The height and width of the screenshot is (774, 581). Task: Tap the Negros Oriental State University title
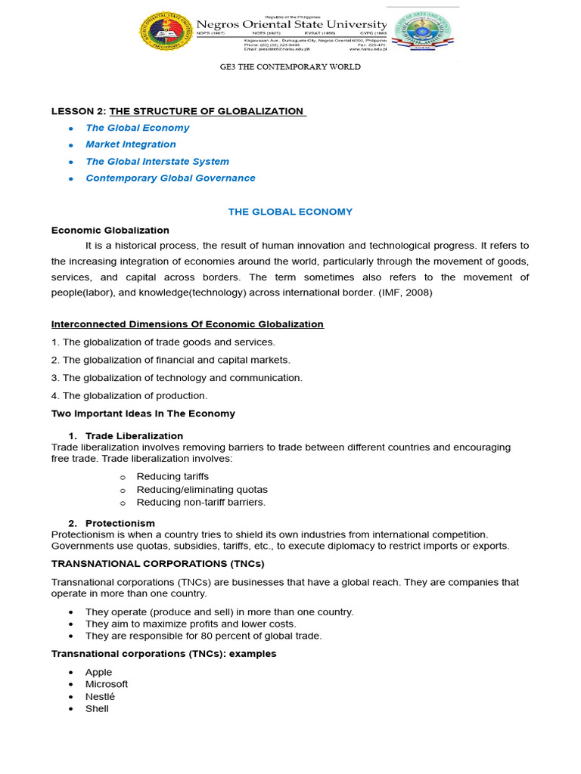click(x=291, y=25)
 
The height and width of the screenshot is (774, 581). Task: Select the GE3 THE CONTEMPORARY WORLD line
click(x=290, y=67)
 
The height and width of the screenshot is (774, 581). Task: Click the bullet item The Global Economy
click(x=137, y=128)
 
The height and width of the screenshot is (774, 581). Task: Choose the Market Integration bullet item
click(x=130, y=144)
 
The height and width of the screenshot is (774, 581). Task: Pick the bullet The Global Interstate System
click(x=157, y=161)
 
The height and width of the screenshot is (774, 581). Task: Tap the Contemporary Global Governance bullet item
click(x=170, y=178)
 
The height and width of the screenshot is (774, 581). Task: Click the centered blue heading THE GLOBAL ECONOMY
click(x=290, y=212)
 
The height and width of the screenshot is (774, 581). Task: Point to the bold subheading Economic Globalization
click(x=110, y=230)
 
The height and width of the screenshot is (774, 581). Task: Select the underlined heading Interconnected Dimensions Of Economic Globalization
click(x=187, y=324)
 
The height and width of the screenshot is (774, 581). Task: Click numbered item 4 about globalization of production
click(x=129, y=395)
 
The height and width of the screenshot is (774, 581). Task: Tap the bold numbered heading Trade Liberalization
click(x=134, y=436)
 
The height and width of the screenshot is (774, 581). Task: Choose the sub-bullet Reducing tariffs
click(x=172, y=476)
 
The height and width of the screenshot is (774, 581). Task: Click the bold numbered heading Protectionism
click(x=120, y=523)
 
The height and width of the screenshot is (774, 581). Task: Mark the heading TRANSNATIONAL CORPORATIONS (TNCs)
click(x=157, y=563)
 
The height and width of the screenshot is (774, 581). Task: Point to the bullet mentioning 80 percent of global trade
click(x=204, y=636)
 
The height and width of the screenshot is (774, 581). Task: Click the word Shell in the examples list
click(x=97, y=708)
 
